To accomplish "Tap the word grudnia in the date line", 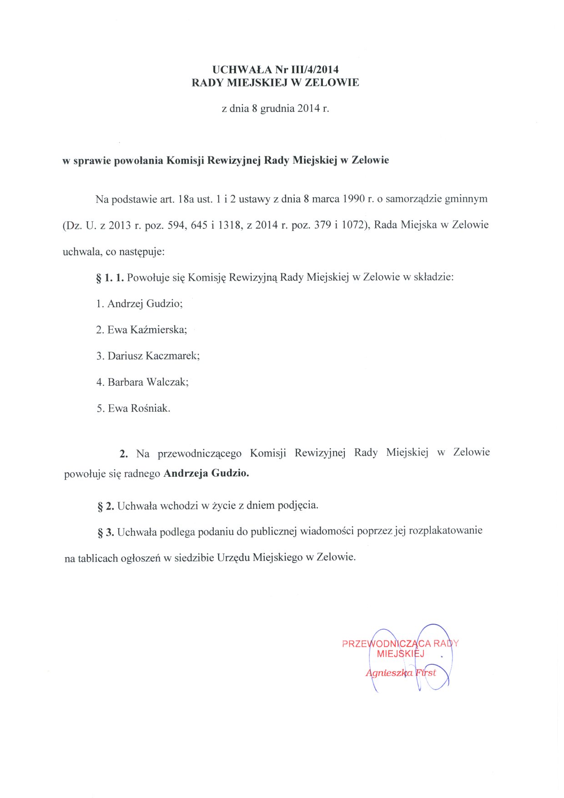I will pos(277,109).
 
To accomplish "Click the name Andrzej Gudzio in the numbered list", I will pos(145,303).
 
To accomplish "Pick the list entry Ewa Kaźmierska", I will pos(147,330).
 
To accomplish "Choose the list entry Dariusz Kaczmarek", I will pos(153,356).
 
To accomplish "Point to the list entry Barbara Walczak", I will pos(148,382).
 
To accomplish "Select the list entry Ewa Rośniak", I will pos(139,409).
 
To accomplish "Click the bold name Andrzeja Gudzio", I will pos(206,473).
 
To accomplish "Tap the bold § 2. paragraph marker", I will pos(106,506).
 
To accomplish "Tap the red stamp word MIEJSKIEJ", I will pos(400,654).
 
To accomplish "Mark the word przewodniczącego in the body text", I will pos(200,454).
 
